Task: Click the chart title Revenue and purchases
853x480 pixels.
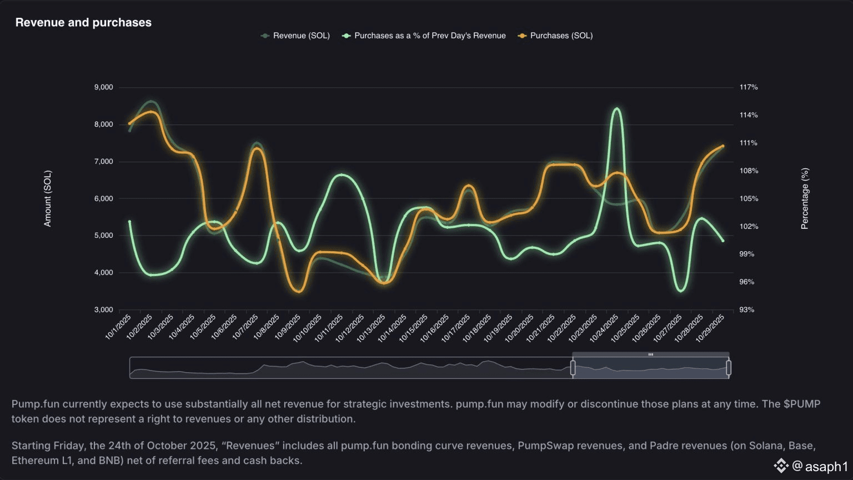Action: point(83,22)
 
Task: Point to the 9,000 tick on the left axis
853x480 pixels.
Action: point(104,87)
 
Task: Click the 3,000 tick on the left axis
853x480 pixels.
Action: point(104,309)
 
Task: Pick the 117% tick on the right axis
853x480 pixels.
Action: point(749,87)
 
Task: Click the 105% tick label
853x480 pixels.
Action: point(749,198)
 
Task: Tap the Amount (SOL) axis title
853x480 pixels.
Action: point(48,198)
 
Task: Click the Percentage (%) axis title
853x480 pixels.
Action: point(805,198)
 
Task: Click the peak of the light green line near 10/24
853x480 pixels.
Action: point(616,109)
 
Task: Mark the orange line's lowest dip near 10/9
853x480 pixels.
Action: point(299,291)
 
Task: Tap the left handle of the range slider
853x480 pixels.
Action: point(573,368)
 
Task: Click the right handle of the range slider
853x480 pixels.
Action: point(729,368)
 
